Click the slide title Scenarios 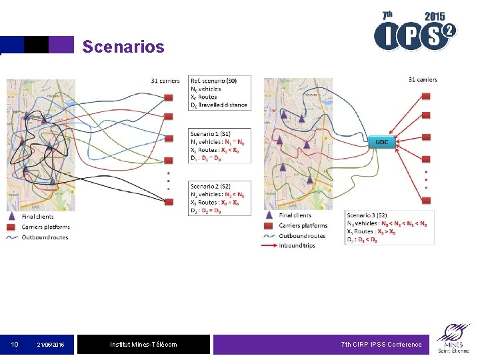(123, 47)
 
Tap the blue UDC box (382, 141)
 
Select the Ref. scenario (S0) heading (213, 81)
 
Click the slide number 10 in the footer (14, 345)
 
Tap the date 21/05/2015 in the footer (50, 345)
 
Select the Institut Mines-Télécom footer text (143, 345)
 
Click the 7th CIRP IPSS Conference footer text (381, 345)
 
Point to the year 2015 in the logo (434, 16)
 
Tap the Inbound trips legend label (297, 245)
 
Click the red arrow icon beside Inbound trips (268, 245)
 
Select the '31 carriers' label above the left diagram (165, 81)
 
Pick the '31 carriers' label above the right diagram (423, 80)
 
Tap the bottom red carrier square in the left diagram (169, 160)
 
